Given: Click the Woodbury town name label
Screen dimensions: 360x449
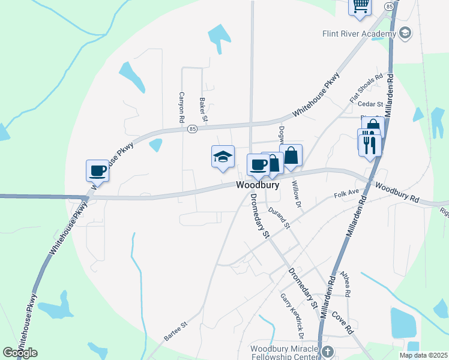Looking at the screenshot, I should pyautogui.click(x=258, y=185).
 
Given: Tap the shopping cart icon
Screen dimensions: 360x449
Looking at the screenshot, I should pyautogui.click(x=360, y=5).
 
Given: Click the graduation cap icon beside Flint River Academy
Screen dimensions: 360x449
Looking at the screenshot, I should pyautogui.click(x=405, y=33).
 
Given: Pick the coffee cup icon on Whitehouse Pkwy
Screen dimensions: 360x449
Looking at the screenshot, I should pyautogui.click(x=97, y=170).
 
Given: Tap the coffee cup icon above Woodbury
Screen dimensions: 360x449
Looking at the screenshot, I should pyautogui.click(x=259, y=164).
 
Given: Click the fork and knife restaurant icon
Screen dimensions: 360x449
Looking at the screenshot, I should pyautogui.click(x=370, y=144).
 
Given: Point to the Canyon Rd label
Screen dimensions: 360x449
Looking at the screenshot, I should pyautogui.click(x=181, y=107).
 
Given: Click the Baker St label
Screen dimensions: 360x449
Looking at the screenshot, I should pyautogui.click(x=203, y=110).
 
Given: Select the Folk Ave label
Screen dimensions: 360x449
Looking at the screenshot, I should pyautogui.click(x=346, y=194).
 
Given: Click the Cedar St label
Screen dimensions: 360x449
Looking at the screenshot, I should pyautogui.click(x=370, y=104).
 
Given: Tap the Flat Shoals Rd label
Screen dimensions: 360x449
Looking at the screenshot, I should pyautogui.click(x=366, y=88).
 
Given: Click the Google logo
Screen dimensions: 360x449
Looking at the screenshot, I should pyautogui.click(x=20, y=353).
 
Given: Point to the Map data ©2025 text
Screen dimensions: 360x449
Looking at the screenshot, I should pyautogui.click(x=423, y=355).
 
